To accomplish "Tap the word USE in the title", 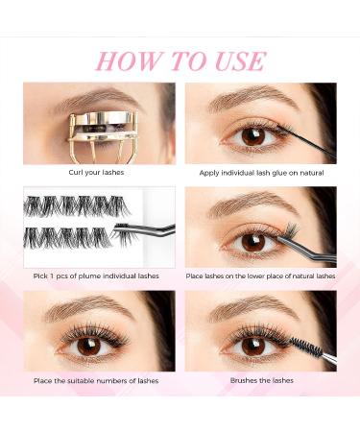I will (231, 61).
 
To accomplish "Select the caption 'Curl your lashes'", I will (99, 173).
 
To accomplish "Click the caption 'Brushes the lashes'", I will (261, 381).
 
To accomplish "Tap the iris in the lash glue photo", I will (252, 136).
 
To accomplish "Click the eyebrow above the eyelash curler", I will (72, 96).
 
